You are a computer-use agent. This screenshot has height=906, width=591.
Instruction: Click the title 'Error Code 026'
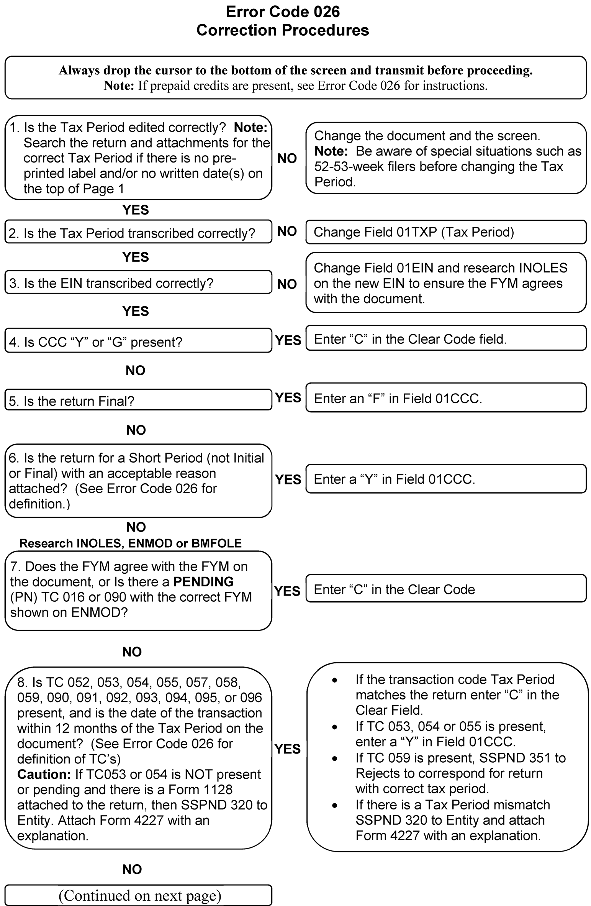[283, 12]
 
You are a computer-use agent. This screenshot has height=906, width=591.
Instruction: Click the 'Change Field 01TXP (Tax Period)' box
[446, 232]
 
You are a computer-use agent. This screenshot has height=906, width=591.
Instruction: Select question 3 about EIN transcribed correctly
[138, 283]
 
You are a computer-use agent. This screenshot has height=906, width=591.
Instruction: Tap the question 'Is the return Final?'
[138, 400]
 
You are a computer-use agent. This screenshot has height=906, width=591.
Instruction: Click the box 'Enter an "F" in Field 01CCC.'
[446, 398]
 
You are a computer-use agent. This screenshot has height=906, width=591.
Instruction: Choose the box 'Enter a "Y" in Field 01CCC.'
[446, 479]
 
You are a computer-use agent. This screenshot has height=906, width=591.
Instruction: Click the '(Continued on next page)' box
[138, 895]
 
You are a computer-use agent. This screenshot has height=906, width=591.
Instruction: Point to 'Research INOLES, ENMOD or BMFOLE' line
[131, 543]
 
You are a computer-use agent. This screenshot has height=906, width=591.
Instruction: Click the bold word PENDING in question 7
[203, 582]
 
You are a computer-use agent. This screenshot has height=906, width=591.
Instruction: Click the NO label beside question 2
[287, 231]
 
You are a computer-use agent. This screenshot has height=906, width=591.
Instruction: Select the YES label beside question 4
[288, 340]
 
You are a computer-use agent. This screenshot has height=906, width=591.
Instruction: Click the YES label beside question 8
[287, 749]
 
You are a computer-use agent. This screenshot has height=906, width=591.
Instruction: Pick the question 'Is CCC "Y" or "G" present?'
[138, 341]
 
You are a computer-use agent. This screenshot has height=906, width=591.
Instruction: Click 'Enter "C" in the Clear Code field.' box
[446, 339]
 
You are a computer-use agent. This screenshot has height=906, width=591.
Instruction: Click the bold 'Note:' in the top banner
[119, 85]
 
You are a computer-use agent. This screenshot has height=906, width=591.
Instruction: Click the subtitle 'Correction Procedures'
[283, 30]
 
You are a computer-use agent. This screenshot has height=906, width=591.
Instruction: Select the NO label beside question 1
[287, 158]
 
